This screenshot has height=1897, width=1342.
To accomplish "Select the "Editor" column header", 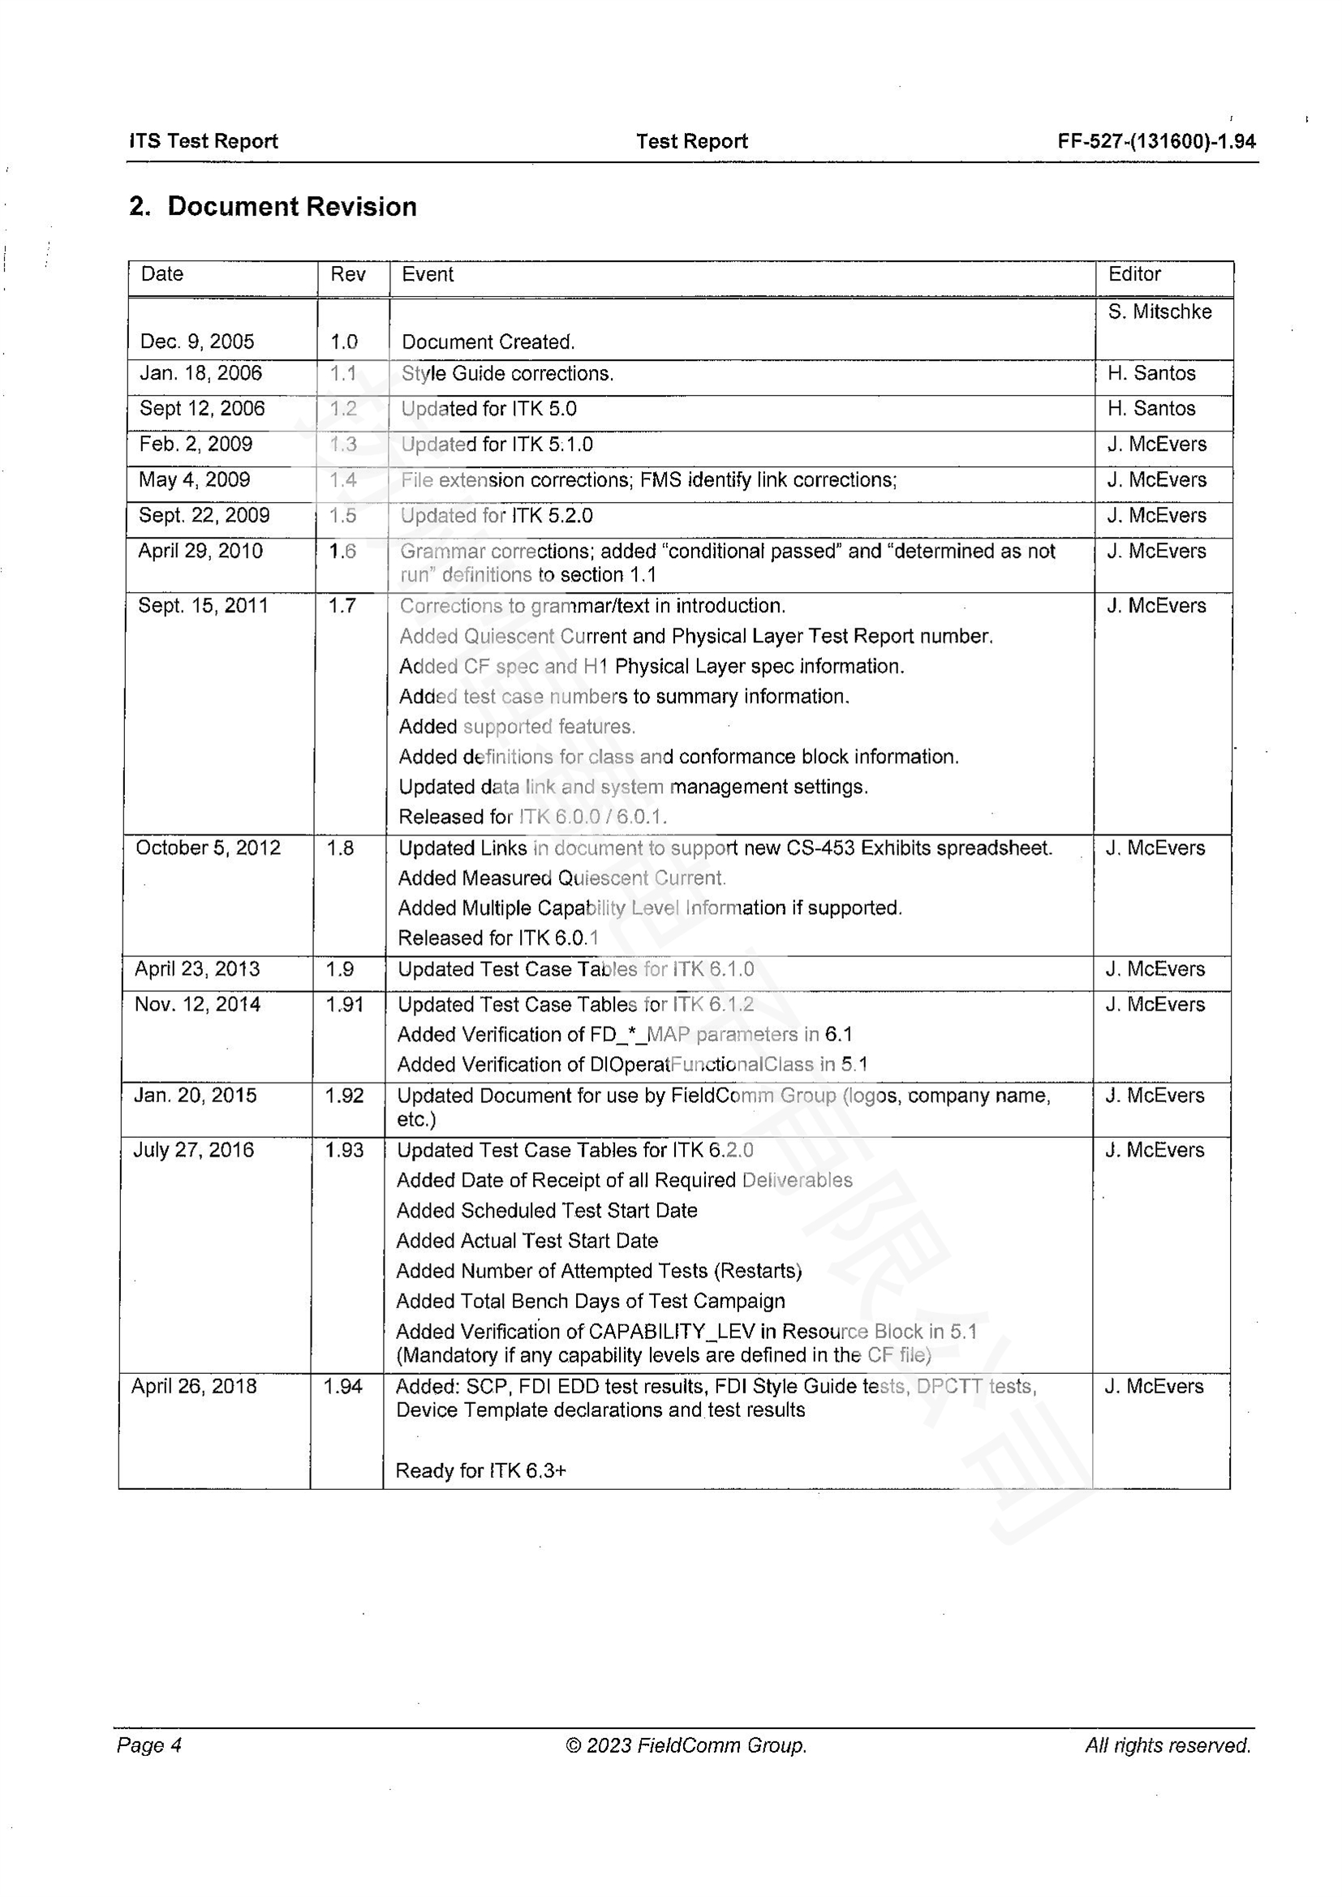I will click(1133, 274).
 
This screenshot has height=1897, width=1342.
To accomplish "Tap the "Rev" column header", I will click(348, 274).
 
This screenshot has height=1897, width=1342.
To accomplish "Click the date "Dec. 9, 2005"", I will click(196, 341).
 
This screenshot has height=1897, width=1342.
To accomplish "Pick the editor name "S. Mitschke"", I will click(1159, 311).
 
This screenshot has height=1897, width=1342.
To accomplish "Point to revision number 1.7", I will click(342, 606).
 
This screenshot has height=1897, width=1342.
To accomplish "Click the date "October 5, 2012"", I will click(209, 848).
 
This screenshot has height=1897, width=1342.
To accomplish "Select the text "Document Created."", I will click(488, 342).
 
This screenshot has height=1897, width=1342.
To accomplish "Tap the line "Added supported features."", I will click(517, 726).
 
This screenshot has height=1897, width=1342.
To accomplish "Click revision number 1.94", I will click(343, 1386).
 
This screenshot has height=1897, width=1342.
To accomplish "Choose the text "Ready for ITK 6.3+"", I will click(481, 1470).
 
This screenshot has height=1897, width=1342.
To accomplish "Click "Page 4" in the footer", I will click(149, 1745).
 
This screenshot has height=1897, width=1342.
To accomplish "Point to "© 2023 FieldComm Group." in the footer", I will click(686, 1745).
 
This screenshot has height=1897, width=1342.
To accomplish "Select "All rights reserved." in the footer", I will click(1168, 1745).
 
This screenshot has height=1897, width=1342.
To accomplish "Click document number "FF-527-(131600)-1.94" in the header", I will click(1156, 141).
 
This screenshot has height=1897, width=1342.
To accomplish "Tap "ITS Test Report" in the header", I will click(204, 141).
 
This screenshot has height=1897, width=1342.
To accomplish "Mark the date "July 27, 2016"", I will click(193, 1150).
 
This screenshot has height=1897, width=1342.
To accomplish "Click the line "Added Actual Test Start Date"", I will click(527, 1241).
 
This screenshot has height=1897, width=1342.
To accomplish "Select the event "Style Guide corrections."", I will click(507, 373).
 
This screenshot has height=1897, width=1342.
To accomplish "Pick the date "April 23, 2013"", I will click(197, 969).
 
